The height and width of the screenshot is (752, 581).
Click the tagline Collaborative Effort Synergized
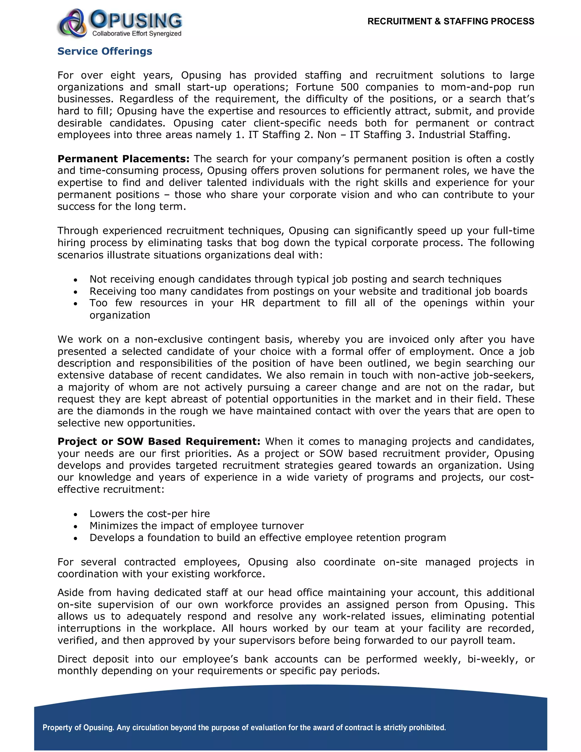[137, 33]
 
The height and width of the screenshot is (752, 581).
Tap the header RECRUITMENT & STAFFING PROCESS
[451, 21]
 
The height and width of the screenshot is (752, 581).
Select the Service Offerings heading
[105, 51]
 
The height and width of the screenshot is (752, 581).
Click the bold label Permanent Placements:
[123, 159]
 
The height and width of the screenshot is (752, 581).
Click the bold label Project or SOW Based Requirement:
[159, 442]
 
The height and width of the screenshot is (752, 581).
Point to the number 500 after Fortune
[349, 87]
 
